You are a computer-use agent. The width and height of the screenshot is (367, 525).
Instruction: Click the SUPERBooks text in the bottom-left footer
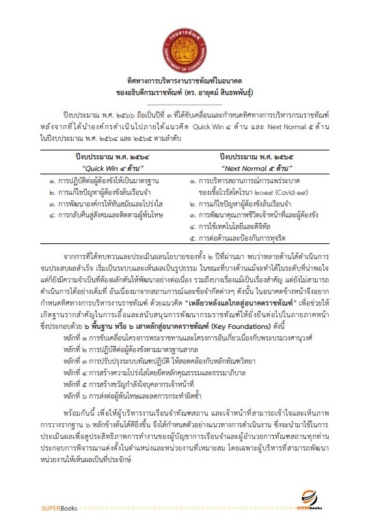42,508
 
